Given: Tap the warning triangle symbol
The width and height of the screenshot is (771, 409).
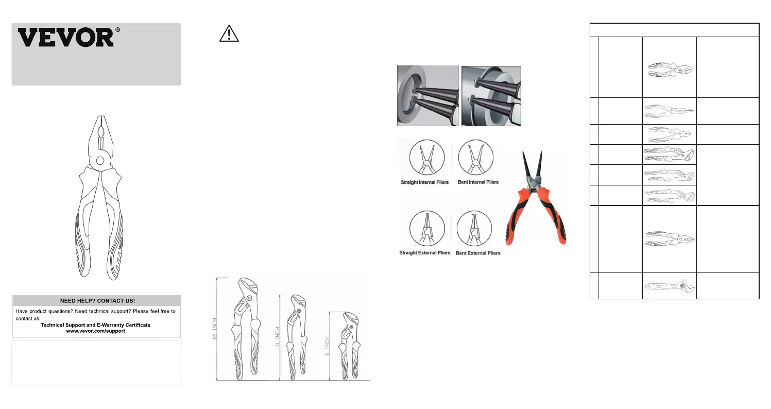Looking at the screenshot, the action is tap(229, 33).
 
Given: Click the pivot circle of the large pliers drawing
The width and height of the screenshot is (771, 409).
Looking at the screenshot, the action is tap(100, 160).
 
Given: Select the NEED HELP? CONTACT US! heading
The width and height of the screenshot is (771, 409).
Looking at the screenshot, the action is tap(97, 300).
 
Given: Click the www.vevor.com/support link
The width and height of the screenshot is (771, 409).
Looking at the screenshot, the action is tap(96, 331).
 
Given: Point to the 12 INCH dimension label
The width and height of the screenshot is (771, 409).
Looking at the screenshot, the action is tap(214, 329).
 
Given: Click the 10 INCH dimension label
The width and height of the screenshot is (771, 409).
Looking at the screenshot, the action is tap(278, 337).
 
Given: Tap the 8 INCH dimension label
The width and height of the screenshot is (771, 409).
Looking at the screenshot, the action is tap(327, 346).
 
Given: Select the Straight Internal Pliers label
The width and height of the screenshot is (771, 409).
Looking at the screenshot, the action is tap(425, 182).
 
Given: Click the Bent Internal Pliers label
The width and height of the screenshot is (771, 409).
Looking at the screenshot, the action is tap(478, 182).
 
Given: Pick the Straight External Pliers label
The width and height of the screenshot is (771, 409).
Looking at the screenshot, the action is tap(425, 253).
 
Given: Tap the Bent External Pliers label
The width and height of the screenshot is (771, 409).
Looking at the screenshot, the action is tap(478, 253).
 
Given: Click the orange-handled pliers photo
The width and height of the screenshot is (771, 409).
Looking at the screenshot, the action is tap(536, 198).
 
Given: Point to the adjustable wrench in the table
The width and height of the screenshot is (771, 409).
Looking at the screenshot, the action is tap(670, 286).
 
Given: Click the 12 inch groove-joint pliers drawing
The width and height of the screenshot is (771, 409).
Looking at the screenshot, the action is tap(246, 329).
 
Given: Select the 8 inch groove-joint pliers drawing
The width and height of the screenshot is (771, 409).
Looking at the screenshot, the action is tap(349, 346).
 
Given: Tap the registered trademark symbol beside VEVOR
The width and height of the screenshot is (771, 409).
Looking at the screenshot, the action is tap(118, 30).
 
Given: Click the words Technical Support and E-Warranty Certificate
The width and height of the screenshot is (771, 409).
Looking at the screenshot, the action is tap(96, 325).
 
